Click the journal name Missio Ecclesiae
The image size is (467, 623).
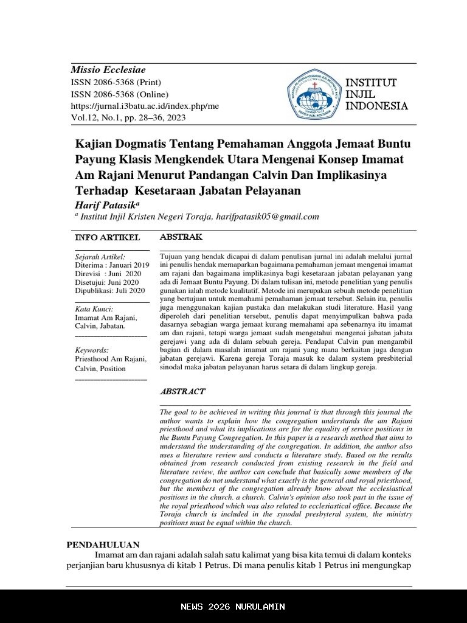point(108,70)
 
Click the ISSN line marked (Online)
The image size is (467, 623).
point(120,94)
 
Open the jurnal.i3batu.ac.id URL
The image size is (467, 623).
point(145,106)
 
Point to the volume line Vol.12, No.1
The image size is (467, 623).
point(128,117)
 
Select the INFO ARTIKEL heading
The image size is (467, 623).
point(107,237)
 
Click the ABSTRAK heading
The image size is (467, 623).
point(181,237)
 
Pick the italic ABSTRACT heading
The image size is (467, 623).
point(182,391)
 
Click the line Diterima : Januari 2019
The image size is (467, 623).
point(111,265)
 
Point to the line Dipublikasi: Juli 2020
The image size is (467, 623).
point(110,291)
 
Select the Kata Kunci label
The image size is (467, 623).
point(94,309)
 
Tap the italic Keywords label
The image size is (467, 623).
point(92,350)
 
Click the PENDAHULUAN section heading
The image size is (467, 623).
point(103,545)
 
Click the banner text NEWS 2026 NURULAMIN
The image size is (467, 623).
point(233,607)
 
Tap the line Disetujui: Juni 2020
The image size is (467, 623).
point(107,282)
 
